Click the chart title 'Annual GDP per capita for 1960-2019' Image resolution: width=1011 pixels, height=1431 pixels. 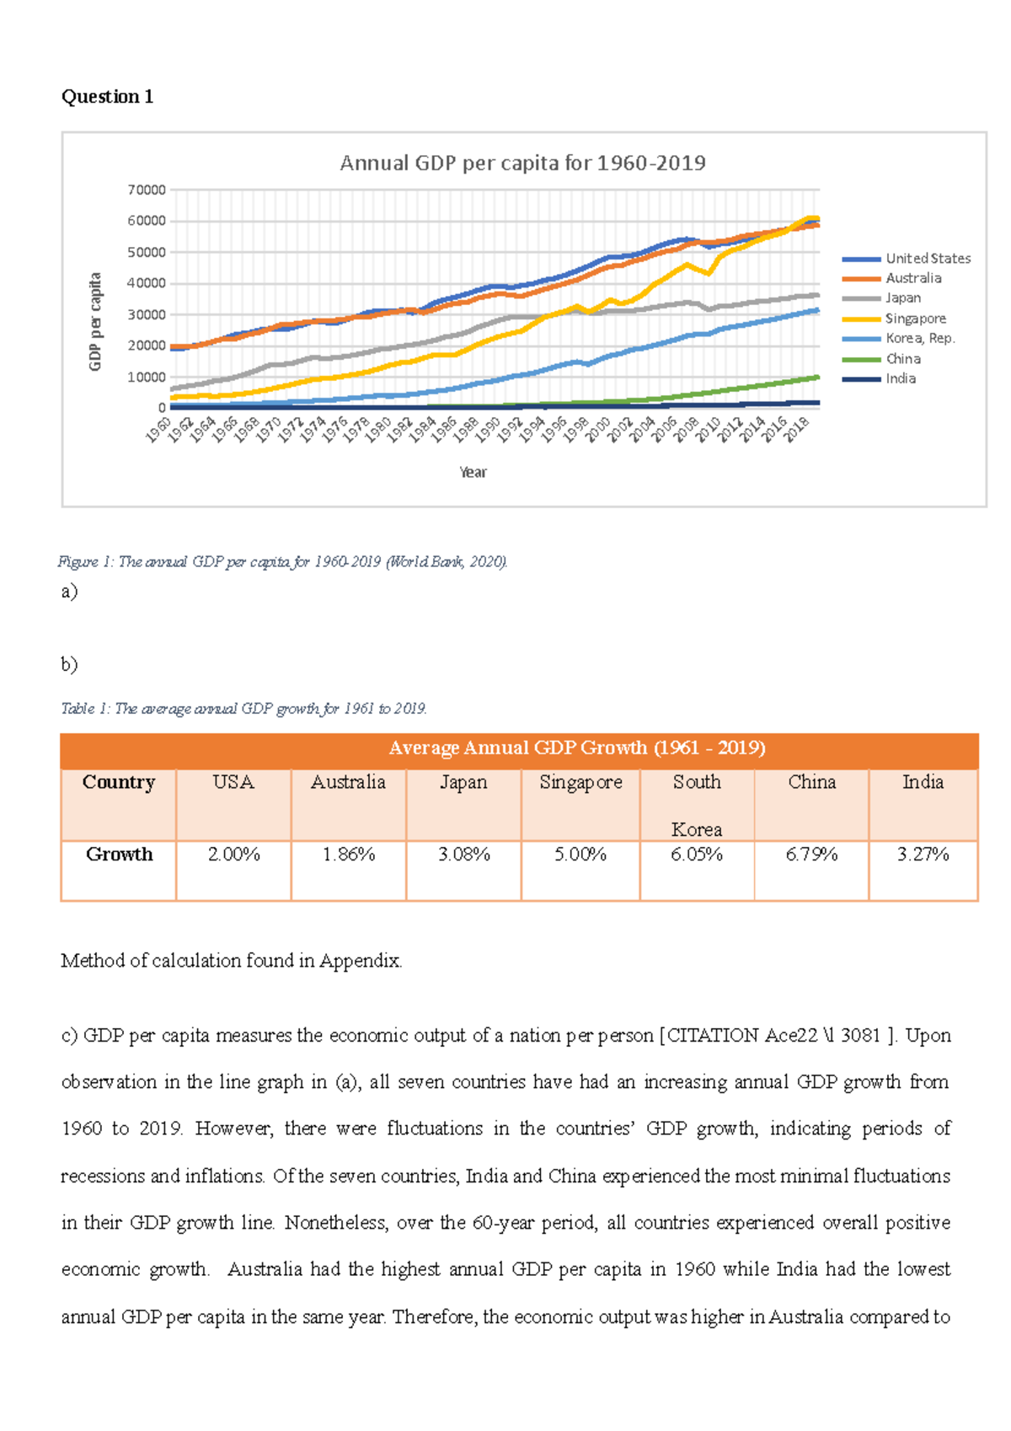(x=522, y=163)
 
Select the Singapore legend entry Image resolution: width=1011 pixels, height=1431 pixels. (x=915, y=319)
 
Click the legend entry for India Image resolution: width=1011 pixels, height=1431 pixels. (x=900, y=378)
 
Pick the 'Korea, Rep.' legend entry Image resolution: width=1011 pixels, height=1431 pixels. (x=919, y=338)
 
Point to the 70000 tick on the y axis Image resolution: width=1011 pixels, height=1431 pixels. (x=147, y=190)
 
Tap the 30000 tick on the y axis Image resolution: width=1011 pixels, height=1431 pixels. (x=147, y=314)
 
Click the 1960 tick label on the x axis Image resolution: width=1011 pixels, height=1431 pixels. (x=158, y=429)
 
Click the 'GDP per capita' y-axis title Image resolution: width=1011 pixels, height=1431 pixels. (x=95, y=321)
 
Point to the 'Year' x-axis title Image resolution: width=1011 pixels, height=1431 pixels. (x=473, y=473)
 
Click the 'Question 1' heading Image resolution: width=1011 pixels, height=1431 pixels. (x=107, y=97)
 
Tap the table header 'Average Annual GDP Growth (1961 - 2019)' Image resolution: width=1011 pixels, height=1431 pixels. (x=576, y=748)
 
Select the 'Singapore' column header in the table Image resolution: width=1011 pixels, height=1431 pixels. (x=580, y=782)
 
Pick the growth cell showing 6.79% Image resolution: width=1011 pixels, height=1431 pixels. (x=811, y=855)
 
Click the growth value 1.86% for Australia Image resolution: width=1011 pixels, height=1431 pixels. (x=348, y=855)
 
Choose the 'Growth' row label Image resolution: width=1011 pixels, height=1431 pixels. (x=119, y=855)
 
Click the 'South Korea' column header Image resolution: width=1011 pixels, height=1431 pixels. (x=697, y=805)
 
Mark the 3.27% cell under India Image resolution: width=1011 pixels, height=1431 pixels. (x=923, y=855)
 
